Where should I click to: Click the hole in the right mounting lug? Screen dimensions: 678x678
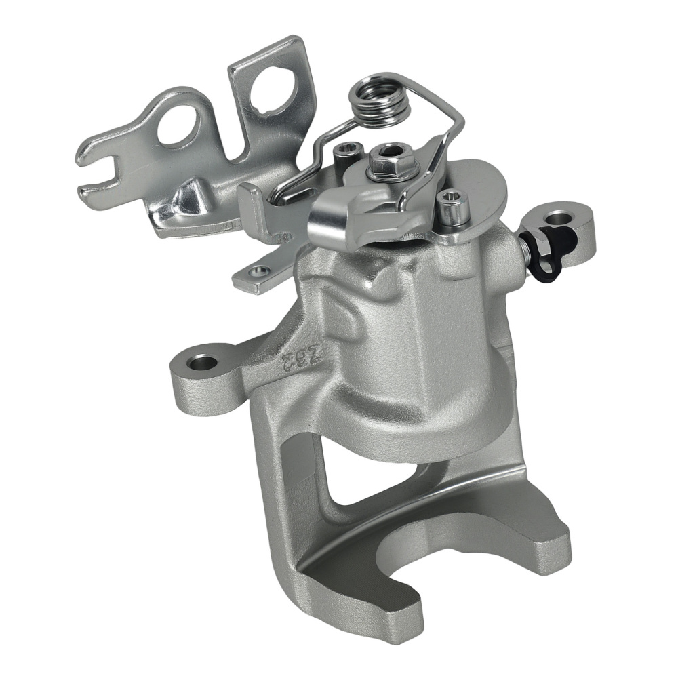click(x=560, y=218)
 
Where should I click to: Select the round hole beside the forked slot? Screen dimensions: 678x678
click(x=178, y=126)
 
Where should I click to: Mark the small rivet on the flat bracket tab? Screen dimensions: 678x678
click(x=257, y=273)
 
